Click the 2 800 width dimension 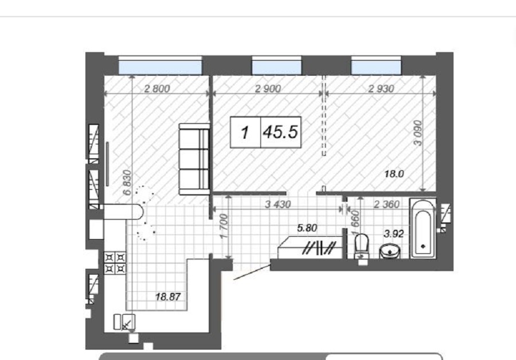coord(157,88)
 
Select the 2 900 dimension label coord(268,88)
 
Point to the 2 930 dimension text coord(381,88)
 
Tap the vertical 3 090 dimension coord(417,133)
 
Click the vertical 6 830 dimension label coord(127,183)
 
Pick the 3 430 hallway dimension coord(277,204)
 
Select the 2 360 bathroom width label coord(386,204)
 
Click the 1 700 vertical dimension coord(224,226)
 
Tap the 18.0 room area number coord(394,174)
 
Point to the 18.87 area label coord(168,297)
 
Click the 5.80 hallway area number coord(307,228)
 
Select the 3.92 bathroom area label coord(393,234)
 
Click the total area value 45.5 coord(280,132)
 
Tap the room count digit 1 coord(244,132)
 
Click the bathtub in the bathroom coord(423,228)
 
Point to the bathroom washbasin coord(390,252)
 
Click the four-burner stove coord(115,263)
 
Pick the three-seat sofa coord(194,159)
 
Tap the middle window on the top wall coord(276,66)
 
